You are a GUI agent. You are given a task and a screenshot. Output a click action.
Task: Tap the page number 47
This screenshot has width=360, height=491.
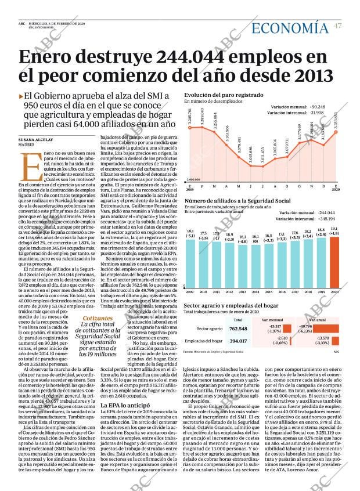point(338,26)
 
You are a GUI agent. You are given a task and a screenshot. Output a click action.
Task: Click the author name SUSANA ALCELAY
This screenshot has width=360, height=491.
point(35,140)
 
